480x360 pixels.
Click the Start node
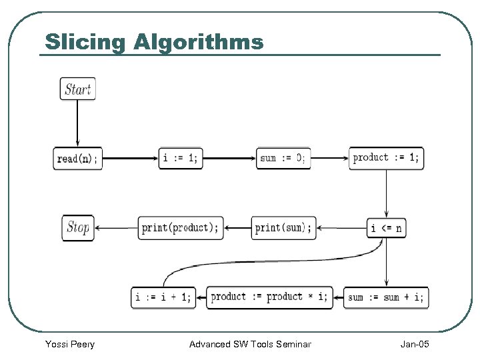[x=78, y=89]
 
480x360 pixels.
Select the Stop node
[x=78, y=227]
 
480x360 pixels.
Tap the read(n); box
[x=78, y=159]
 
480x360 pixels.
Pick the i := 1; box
[x=181, y=158]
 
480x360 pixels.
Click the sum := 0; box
[x=283, y=158]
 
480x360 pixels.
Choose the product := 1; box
[x=386, y=158]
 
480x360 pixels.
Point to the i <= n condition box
[x=386, y=228]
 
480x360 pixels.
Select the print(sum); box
[x=283, y=228]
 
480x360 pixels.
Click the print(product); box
[x=180, y=228]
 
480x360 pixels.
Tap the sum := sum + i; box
[x=386, y=297]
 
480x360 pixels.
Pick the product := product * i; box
[x=269, y=297]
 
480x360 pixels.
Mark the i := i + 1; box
[x=163, y=297]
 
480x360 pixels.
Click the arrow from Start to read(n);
[x=78, y=123]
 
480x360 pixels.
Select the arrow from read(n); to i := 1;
[x=130, y=159]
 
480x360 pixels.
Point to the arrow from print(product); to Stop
[x=115, y=228]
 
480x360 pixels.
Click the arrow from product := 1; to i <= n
[x=386, y=193]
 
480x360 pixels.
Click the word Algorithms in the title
[x=199, y=42]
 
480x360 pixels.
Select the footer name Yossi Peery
[x=69, y=344]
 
